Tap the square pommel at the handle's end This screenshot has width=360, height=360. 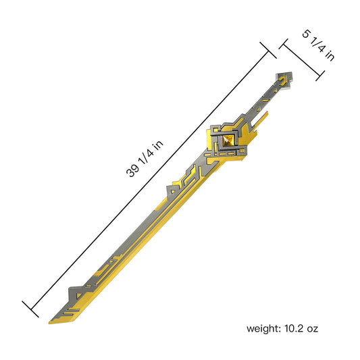coord(283,80)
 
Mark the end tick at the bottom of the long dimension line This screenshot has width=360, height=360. coord(31,308)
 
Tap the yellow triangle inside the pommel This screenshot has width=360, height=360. coord(284,79)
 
